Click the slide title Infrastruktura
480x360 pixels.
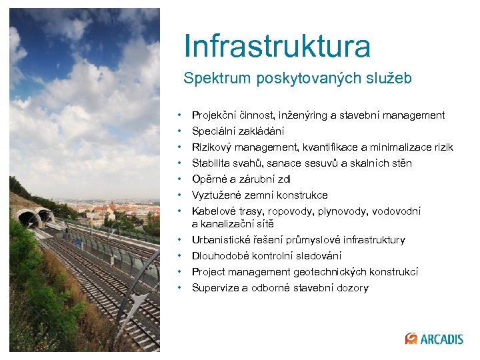(277, 45)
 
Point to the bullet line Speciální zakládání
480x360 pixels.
(238, 131)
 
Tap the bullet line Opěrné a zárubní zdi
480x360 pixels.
(241, 179)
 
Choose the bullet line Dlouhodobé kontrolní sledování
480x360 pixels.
(267, 256)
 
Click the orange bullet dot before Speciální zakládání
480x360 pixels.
(181, 131)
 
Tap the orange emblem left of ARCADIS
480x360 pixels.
(411, 339)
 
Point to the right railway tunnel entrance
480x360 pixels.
(45, 215)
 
